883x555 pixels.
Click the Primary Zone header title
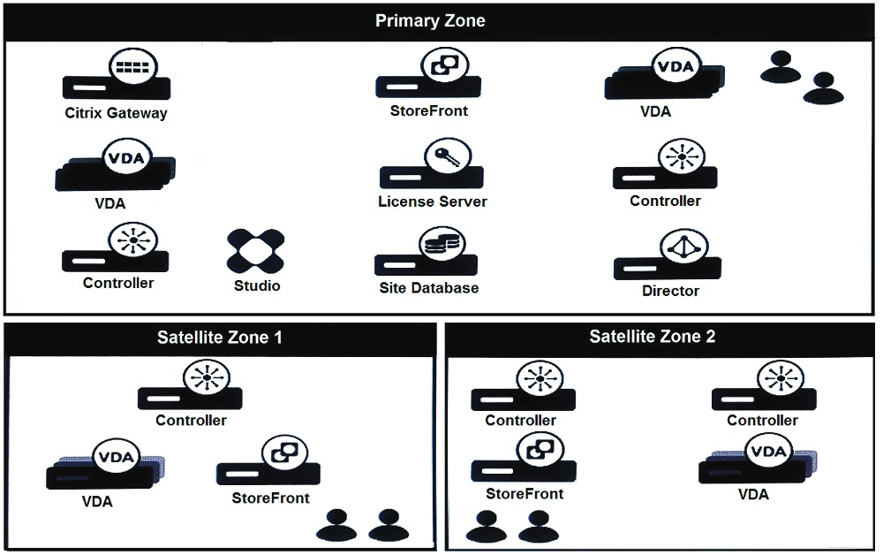coord(430,21)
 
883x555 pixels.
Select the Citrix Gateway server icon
coord(116,77)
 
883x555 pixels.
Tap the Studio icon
coord(256,251)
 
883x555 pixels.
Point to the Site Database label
coord(428,288)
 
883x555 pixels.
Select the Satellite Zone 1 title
coord(221,337)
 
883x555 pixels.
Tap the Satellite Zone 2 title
coord(653,337)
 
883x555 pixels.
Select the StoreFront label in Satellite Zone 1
coord(270,498)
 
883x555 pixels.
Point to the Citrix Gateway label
coord(116,113)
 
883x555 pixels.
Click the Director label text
coord(670,291)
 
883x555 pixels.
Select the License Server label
coord(432,201)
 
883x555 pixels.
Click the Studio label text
coord(257,285)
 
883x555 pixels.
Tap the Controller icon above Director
coord(666,167)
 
